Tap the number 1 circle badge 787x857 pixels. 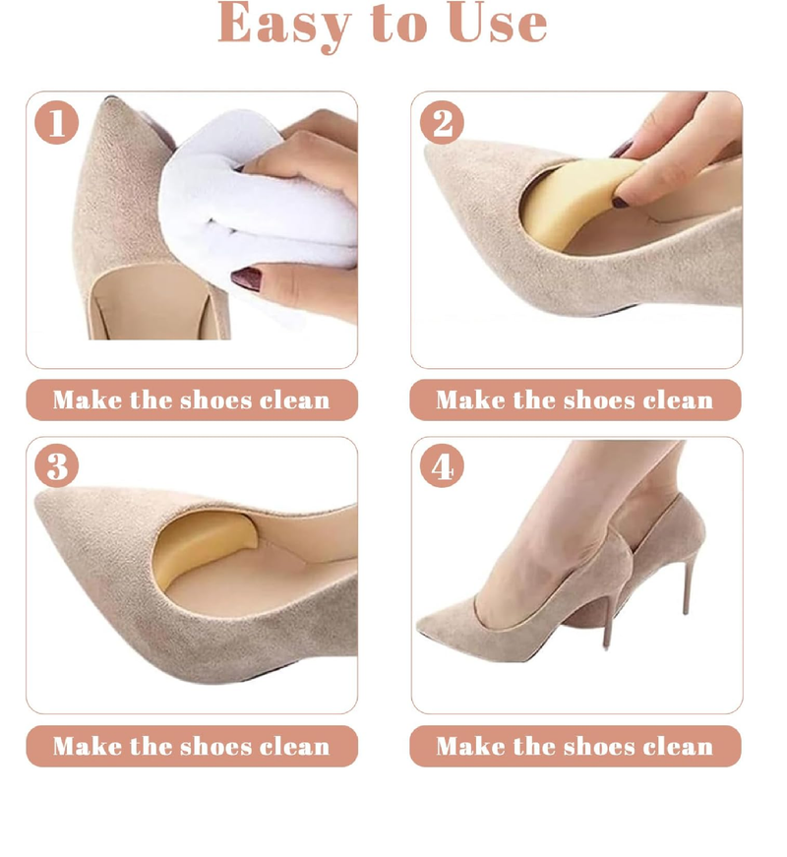coord(57,123)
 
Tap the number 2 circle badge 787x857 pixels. coord(443,123)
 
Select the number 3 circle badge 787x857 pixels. coord(57,466)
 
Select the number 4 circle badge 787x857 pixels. coord(443,466)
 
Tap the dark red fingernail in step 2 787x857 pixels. coord(625,201)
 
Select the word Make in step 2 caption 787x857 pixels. coord(469,400)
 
